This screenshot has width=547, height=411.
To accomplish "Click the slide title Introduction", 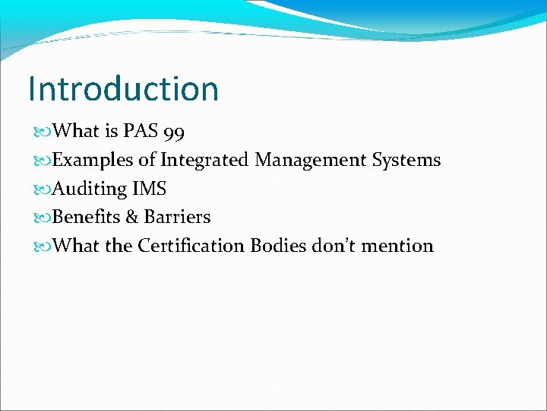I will point(123,88).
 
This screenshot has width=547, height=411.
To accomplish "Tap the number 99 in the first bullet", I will point(173,132).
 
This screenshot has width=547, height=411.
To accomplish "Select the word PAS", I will point(141,131).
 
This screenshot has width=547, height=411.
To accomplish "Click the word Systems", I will point(406,160).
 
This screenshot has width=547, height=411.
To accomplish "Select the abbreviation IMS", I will point(149,188).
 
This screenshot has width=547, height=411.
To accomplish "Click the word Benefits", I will point(87,217).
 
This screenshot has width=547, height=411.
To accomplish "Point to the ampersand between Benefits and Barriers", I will point(131,217).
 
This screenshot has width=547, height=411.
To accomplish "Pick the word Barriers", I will point(177,217).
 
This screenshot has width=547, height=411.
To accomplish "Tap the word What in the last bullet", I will point(75,246).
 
